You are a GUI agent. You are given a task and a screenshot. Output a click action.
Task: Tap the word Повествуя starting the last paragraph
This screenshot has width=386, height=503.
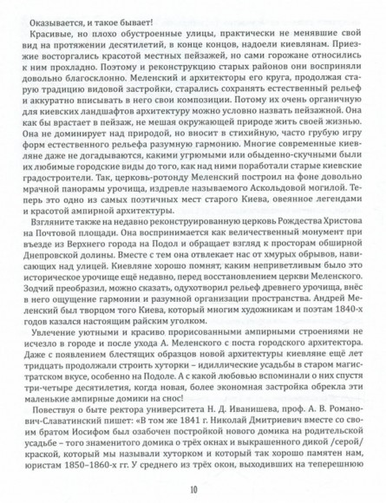[60, 413]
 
